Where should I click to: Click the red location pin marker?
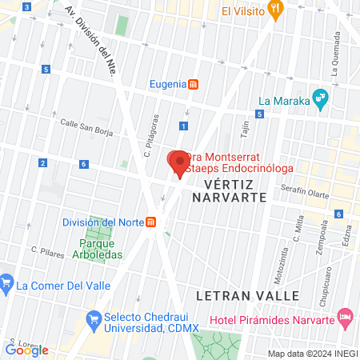[x=177, y=162]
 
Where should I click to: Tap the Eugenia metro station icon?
[x=193, y=84]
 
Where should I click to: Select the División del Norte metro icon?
[x=151, y=222]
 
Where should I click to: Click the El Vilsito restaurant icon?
[x=276, y=10]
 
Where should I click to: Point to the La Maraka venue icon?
[x=320, y=101]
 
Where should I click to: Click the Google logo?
[x=27, y=350]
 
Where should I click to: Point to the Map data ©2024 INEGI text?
[x=312, y=354]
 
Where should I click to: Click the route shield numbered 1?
[x=184, y=126]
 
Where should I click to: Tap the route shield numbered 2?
[x=42, y=164]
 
